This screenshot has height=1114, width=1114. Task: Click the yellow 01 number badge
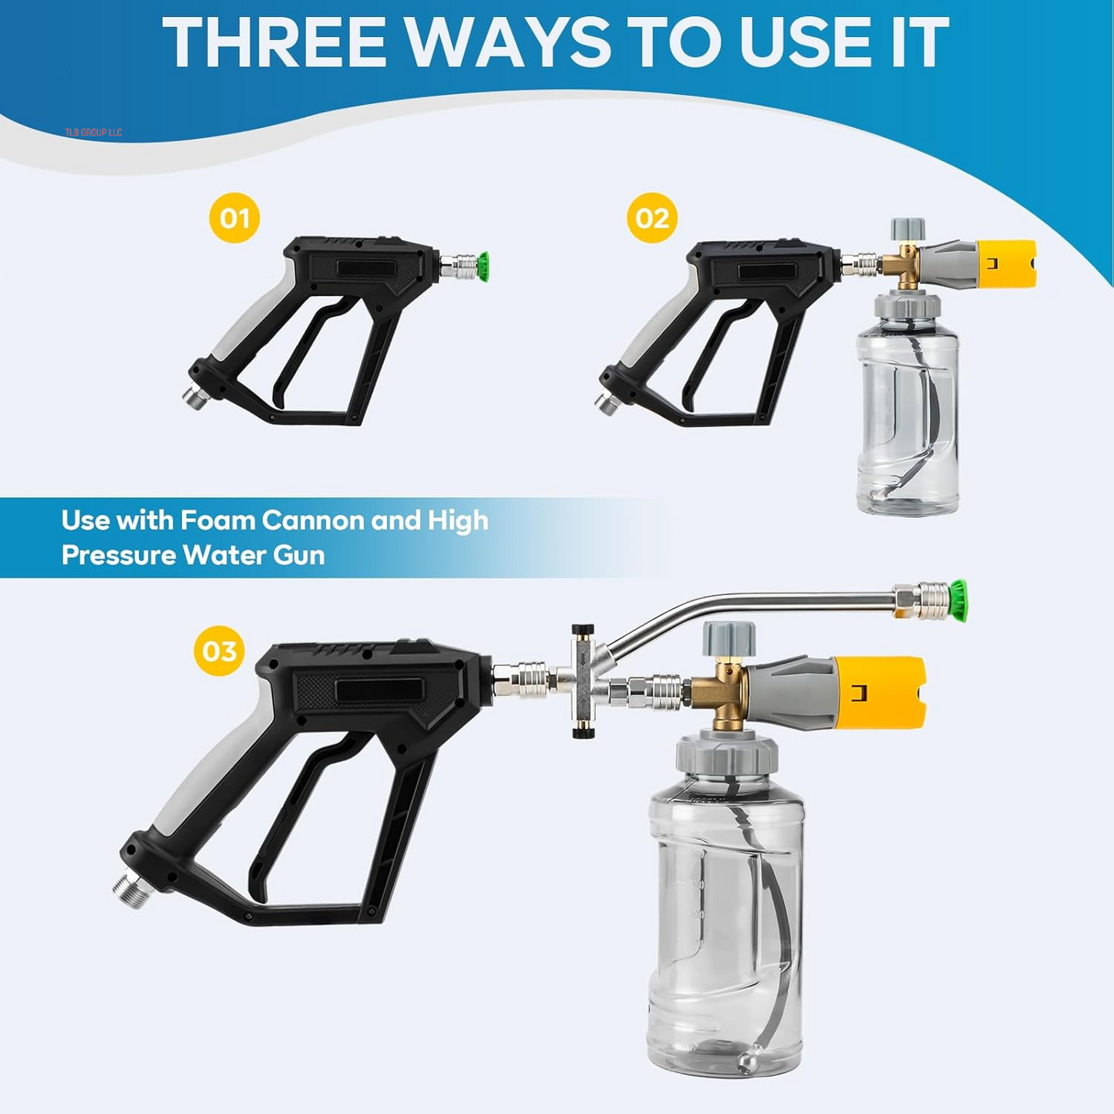234,218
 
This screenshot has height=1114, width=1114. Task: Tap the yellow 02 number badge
652,218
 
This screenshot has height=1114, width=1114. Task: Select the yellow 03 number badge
219,651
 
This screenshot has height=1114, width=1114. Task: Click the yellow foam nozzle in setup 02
1006,264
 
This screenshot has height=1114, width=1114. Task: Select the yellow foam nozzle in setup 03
879,692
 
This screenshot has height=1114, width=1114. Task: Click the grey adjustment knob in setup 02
907,230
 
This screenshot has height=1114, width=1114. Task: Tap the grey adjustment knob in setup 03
729,638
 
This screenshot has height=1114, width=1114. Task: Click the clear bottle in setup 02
907,416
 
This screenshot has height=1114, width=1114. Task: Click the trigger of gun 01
308,347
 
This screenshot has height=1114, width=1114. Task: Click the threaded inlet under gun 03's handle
131,890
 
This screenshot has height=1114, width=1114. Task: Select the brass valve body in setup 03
721,694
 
